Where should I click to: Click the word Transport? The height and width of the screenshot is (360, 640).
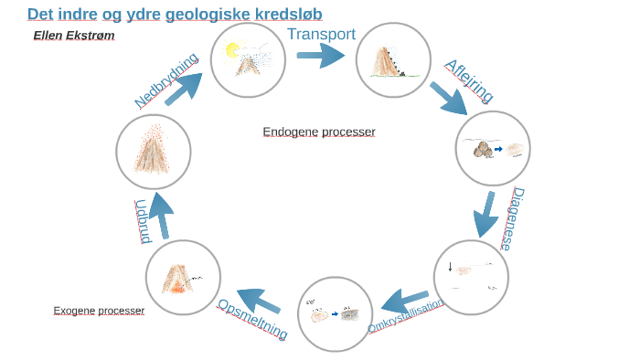click(x=321, y=35)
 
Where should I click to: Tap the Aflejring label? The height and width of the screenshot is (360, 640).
click(x=469, y=81)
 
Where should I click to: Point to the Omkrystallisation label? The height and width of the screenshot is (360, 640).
click(x=406, y=315)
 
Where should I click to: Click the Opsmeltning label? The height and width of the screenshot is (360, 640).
click(x=252, y=319)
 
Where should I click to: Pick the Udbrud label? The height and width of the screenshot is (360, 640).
click(x=142, y=221)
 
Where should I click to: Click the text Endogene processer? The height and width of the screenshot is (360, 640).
click(x=319, y=132)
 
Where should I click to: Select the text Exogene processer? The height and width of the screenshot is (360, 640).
click(x=99, y=311)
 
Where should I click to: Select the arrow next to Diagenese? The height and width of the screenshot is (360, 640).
click(x=485, y=215)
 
